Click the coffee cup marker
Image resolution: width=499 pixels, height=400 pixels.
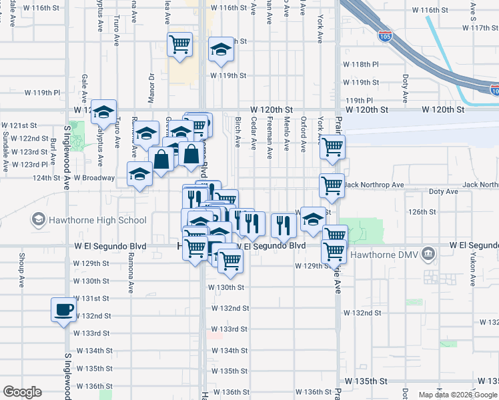64,309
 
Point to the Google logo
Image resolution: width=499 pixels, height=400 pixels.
22,392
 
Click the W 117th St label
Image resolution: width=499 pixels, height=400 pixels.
471,28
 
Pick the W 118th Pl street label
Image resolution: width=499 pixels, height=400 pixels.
361,65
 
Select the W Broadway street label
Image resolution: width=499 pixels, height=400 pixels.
94,178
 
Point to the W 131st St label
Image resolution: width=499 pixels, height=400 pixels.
91,298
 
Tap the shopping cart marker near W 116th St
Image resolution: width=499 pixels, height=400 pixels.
179,45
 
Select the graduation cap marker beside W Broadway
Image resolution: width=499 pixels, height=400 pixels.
139,175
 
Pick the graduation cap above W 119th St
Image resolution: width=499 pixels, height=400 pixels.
219,50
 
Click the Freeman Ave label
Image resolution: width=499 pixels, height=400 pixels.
270,143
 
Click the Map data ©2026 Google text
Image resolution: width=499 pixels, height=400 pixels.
458,395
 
